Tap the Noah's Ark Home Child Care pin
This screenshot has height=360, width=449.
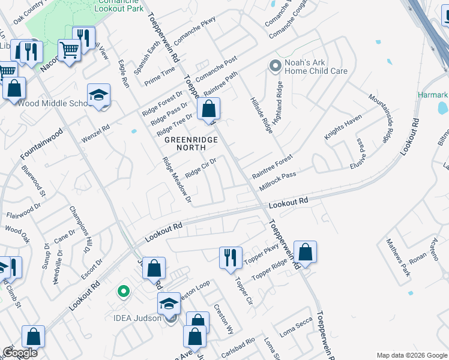276,66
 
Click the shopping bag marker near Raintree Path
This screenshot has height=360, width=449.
209,109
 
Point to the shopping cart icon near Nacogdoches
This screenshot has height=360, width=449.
69,50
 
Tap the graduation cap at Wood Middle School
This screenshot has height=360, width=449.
99,95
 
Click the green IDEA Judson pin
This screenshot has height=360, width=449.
124,292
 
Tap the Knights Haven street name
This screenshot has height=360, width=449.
343,127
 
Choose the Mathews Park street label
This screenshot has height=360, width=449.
397,257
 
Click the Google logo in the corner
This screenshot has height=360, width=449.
20,353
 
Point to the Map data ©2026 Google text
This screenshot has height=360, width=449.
412,355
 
